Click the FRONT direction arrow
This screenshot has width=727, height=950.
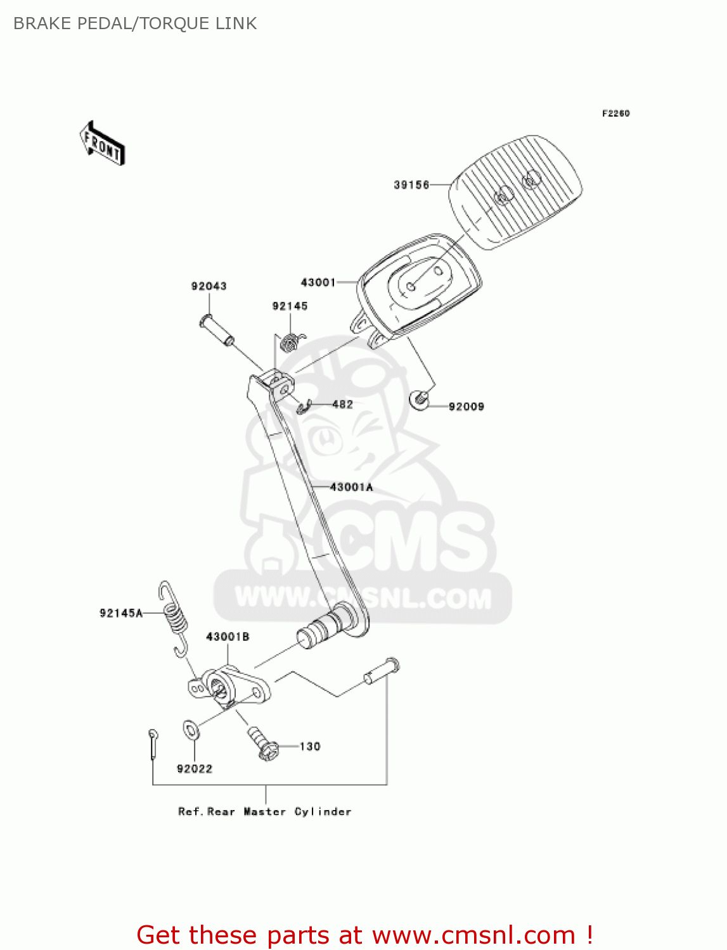tap(102, 144)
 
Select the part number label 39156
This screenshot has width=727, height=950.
tap(411, 185)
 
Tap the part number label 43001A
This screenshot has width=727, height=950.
tap(352, 487)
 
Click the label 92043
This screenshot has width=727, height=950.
tap(209, 286)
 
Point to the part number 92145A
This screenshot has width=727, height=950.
tap(120, 613)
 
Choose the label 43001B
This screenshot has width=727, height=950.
tap(228, 636)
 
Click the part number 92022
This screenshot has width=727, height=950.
tap(195, 769)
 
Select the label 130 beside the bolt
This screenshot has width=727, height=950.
tap(310, 747)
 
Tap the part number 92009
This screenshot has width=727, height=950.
tap(466, 407)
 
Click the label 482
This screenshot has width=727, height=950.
tap(342, 404)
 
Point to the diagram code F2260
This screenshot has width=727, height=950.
tap(615, 113)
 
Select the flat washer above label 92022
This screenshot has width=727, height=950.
tap(191, 730)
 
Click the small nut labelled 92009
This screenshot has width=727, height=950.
tap(418, 399)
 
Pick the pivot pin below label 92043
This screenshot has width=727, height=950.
tap(216, 330)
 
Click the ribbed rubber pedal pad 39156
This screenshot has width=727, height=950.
tap(515, 192)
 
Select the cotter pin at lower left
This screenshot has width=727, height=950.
tap(153, 743)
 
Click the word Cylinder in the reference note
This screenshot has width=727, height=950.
tap(323, 812)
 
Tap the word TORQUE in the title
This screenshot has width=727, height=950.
tap(167, 23)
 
